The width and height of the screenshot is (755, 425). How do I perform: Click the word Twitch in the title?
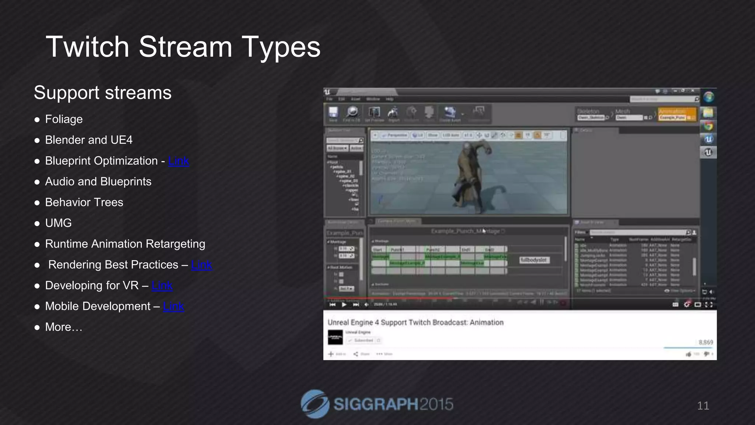[x=87, y=47]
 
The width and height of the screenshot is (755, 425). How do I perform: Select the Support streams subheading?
[x=102, y=93]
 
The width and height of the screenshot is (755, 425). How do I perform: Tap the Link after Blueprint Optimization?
[x=178, y=161]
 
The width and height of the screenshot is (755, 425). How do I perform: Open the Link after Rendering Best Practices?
[x=202, y=265]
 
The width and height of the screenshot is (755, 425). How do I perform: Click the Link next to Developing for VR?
[x=162, y=286]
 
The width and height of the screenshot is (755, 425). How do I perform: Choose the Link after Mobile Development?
[x=173, y=306]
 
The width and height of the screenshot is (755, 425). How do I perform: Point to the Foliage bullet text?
[x=64, y=119]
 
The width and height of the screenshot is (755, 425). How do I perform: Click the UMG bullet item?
[x=58, y=223]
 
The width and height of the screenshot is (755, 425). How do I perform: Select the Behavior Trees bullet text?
[x=84, y=203]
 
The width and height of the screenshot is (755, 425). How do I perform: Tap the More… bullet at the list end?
[x=63, y=327]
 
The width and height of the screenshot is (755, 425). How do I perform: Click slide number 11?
[x=703, y=406]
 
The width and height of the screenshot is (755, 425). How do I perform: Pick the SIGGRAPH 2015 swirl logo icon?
[x=315, y=404]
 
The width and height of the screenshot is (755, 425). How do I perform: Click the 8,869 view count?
[x=705, y=342]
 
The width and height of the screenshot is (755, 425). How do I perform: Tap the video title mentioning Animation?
[x=415, y=322]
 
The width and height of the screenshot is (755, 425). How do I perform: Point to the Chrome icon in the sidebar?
[x=708, y=126]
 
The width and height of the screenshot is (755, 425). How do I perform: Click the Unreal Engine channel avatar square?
[x=335, y=337]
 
